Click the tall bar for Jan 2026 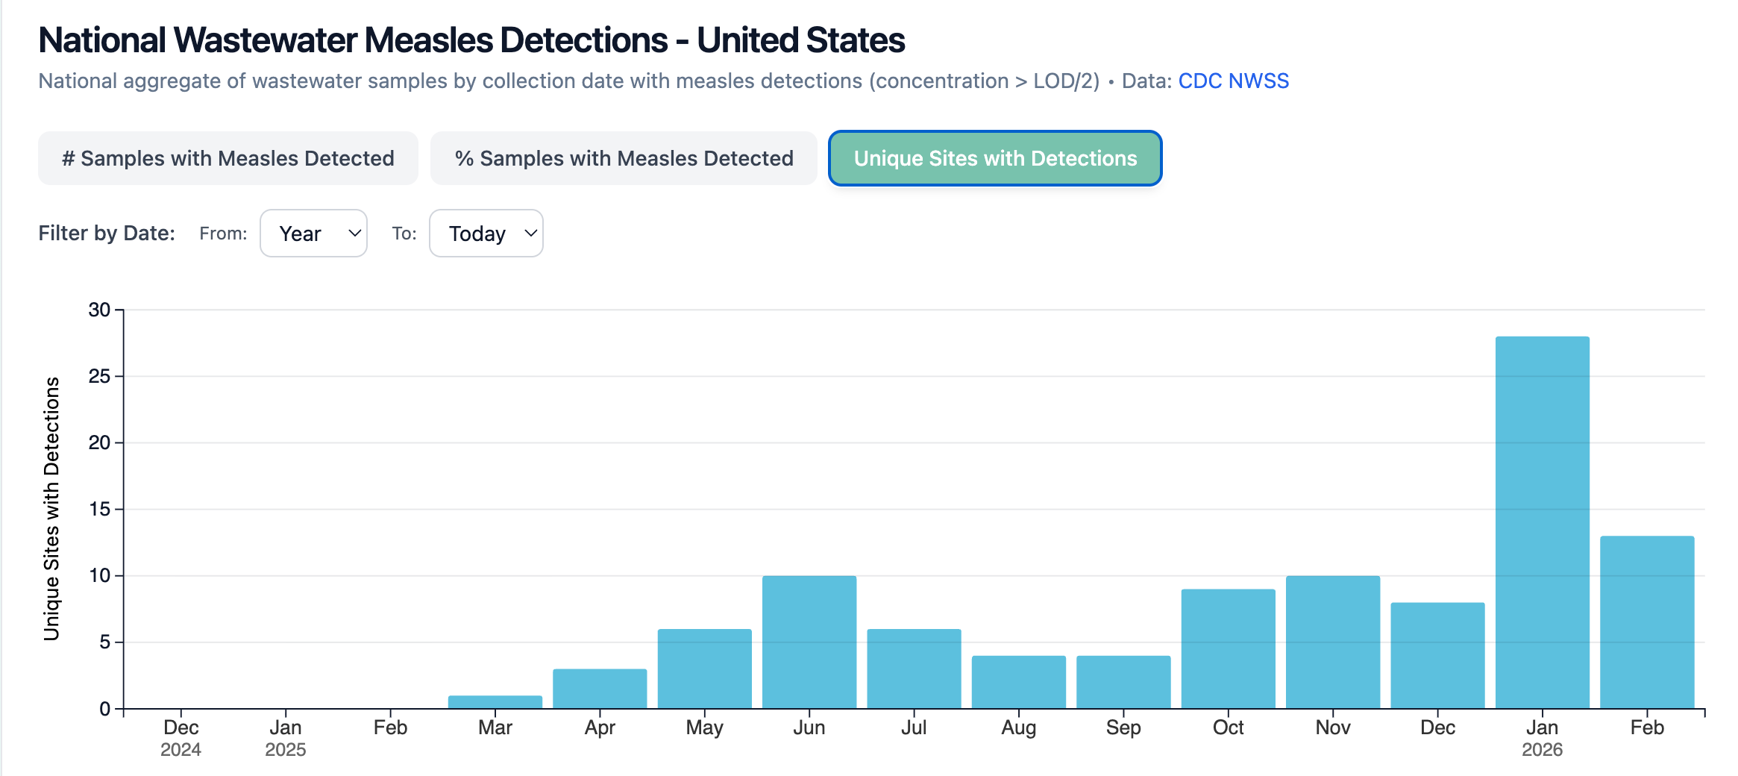click(x=1542, y=522)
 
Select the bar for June click(x=809, y=642)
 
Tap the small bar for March click(x=495, y=702)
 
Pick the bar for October click(x=1228, y=648)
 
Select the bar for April click(x=600, y=689)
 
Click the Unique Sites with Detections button click(x=995, y=158)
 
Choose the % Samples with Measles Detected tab click(x=624, y=158)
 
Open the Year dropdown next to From click(x=313, y=234)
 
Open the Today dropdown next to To click(x=486, y=234)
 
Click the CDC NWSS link click(x=1233, y=81)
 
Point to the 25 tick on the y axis click(x=99, y=376)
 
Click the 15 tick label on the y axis click(x=99, y=509)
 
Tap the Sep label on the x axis click(x=1123, y=727)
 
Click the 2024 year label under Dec click(x=181, y=750)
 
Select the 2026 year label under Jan click(x=1542, y=750)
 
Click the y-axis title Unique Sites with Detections click(x=51, y=508)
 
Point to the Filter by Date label click(x=107, y=234)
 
